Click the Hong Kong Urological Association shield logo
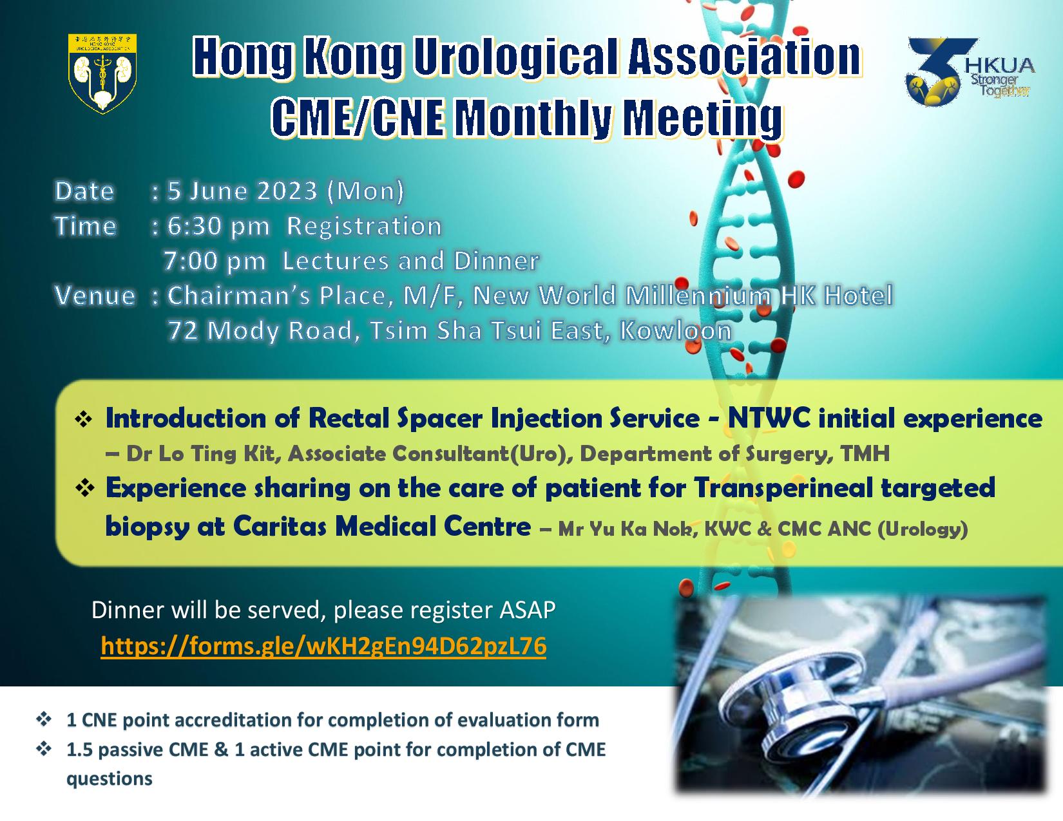(x=102, y=73)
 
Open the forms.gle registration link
(x=323, y=646)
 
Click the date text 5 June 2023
(x=243, y=191)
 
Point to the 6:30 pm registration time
(x=218, y=227)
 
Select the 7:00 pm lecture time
(x=215, y=261)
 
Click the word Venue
(x=95, y=296)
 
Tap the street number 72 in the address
(x=183, y=330)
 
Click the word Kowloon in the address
(x=676, y=330)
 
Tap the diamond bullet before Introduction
(x=84, y=420)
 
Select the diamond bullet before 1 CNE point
(x=44, y=719)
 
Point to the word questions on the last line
(x=110, y=779)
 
